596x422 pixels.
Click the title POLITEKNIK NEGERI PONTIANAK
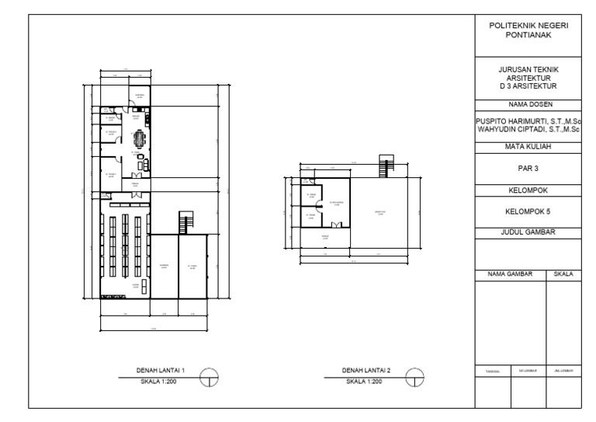[528, 31]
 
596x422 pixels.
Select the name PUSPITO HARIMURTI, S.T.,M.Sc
[528, 121]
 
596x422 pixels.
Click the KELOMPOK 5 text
[528, 210]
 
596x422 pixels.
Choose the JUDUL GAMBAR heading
[528, 232]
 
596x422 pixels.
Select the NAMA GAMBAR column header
[512, 274]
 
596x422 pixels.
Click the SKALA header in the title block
[565, 274]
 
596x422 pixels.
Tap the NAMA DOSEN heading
[528, 103]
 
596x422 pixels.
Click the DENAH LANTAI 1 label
[155, 371]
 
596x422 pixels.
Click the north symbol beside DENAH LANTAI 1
[210, 378]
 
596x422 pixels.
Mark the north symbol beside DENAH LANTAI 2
[418, 378]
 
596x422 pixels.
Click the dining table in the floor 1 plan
[140, 139]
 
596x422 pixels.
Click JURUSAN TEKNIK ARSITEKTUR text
[528, 76]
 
